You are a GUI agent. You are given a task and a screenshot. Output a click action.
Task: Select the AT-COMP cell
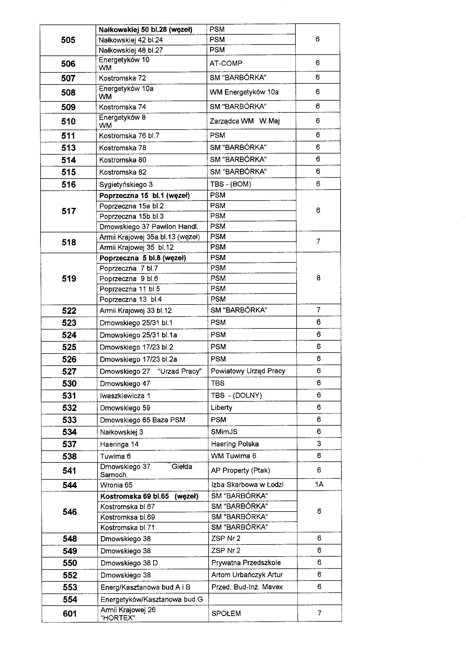(x=226, y=63)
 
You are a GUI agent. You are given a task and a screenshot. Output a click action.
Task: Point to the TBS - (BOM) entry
(x=230, y=184)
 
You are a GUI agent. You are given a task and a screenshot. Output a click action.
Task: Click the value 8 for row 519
(x=318, y=278)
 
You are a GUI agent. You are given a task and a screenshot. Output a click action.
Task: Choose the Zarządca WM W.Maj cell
(x=244, y=121)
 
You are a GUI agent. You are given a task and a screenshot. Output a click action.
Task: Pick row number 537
(x=69, y=444)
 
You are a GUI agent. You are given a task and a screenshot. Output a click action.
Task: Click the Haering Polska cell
(x=235, y=444)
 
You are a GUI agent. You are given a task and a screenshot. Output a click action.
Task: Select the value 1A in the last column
(x=319, y=484)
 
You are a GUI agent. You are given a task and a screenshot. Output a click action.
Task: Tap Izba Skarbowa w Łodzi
(x=247, y=484)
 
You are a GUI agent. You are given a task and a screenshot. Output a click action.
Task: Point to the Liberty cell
(x=221, y=407)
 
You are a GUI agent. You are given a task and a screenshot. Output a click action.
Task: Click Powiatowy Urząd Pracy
(x=248, y=371)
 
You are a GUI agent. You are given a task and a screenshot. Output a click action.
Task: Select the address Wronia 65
(x=116, y=485)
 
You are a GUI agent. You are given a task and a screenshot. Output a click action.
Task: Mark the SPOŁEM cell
(x=226, y=613)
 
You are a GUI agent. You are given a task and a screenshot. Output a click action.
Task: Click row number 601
(x=70, y=613)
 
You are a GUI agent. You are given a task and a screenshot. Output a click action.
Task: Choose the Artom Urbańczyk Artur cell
(x=247, y=575)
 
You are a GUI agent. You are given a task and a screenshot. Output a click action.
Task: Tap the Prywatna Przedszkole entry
(x=246, y=563)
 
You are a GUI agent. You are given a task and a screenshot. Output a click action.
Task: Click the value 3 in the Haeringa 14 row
(x=319, y=444)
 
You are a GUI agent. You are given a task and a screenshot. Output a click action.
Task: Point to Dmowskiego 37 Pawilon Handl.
(x=149, y=227)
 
